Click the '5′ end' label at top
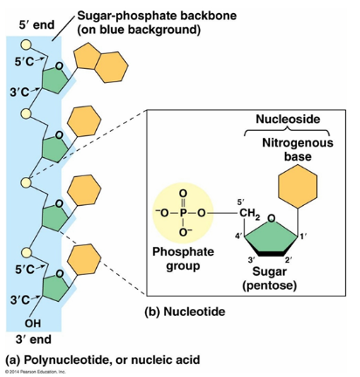click(x=37, y=25)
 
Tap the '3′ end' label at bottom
click(x=33, y=339)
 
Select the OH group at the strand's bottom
click(x=32, y=323)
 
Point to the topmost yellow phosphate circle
click(x=25, y=45)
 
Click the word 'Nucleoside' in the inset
click(x=287, y=119)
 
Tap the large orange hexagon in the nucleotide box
click(x=298, y=186)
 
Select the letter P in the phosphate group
click(x=183, y=213)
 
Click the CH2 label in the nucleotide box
click(x=250, y=214)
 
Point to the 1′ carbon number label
click(x=303, y=237)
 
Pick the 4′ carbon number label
click(x=239, y=236)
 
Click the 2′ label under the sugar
click(x=288, y=260)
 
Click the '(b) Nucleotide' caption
click(x=185, y=312)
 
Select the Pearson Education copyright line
click(x=35, y=372)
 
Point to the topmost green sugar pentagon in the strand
click(x=55, y=79)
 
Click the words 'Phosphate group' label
click(x=183, y=258)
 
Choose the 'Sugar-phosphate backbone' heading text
click(x=156, y=16)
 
